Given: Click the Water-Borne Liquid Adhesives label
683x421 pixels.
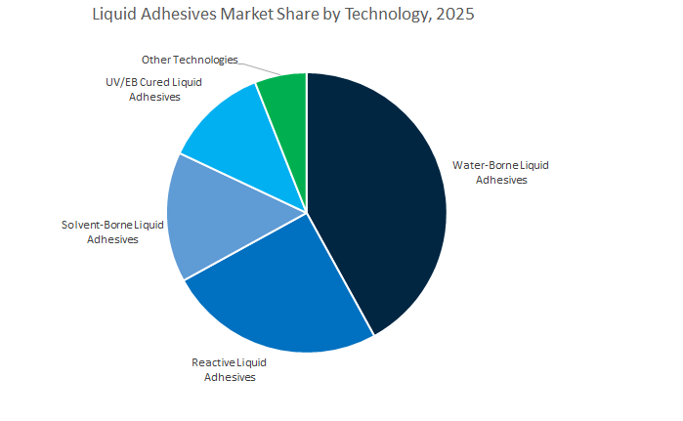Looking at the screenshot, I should click(500, 172).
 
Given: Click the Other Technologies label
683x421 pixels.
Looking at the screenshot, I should click(190, 61).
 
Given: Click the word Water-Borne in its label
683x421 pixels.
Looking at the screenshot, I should click(484, 165).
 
